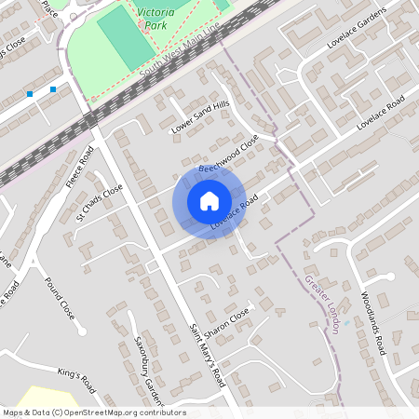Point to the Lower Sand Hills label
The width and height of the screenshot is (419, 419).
199,118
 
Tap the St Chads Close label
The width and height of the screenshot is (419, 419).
100,202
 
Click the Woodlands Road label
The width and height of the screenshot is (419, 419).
373,324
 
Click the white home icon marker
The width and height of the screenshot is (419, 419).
209,201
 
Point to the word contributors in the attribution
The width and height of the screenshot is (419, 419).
159,412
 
